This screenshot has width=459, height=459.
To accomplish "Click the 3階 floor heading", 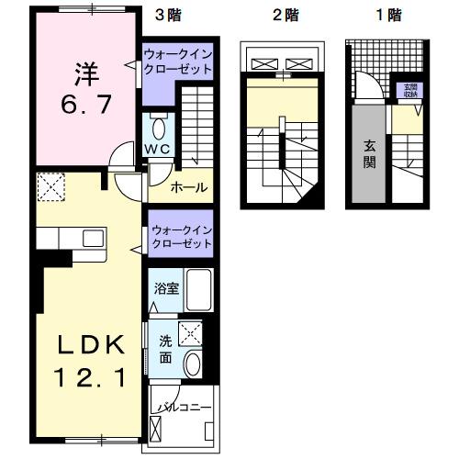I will coord(166,15).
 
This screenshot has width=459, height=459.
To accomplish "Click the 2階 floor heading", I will coord(283,15).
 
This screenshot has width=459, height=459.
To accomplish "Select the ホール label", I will coord(188,189).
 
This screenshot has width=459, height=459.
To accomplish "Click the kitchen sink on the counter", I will coord(94,239).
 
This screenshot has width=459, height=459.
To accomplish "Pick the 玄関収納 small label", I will coord(409,90).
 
